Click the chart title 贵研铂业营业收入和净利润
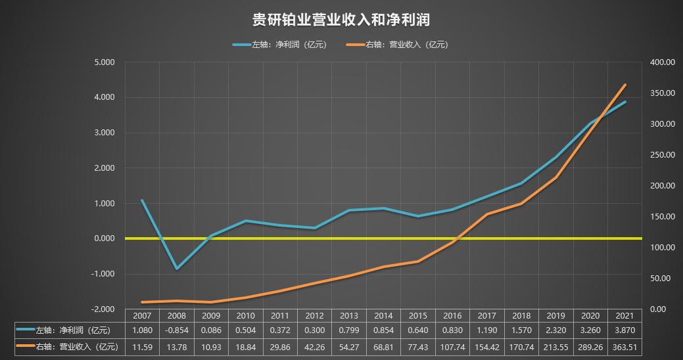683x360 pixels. (341, 20)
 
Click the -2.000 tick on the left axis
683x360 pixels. (104, 309)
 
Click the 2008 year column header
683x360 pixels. (177, 316)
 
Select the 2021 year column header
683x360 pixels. (624, 316)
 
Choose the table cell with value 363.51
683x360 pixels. (624, 346)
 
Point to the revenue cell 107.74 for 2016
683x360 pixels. (452, 346)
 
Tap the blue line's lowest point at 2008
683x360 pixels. (177, 269)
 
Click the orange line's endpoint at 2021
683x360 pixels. (625, 85)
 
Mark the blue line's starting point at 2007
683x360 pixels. (142, 200)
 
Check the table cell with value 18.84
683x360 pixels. (246, 346)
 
